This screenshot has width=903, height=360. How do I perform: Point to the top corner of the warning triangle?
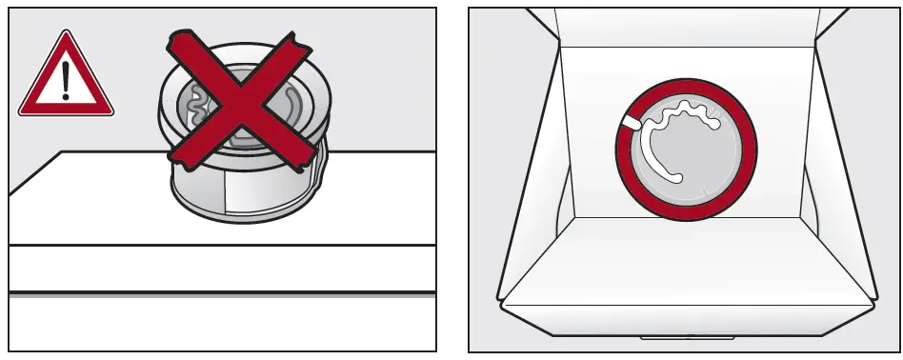click(65, 30)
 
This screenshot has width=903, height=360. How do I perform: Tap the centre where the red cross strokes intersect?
click(236, 100)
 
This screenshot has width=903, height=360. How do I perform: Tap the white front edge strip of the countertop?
click(219, 269)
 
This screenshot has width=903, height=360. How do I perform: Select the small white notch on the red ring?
click(632, 122)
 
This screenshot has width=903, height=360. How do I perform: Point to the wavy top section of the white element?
click(687, 116)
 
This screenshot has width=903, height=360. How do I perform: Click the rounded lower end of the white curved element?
click(676, 177)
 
